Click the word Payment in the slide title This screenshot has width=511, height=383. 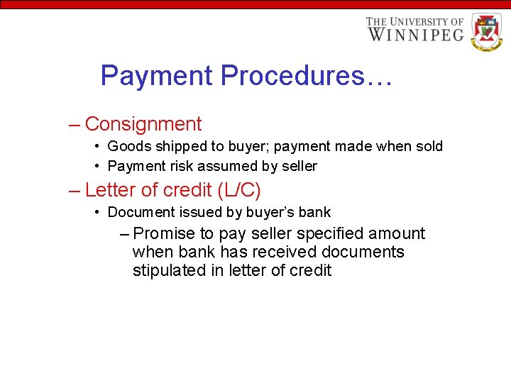[x=158, y=75]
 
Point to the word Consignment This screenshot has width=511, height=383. [x=143, y=124]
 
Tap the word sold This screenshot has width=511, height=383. [x=428, y=147]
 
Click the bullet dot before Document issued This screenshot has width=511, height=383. [x=97, y=212]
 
